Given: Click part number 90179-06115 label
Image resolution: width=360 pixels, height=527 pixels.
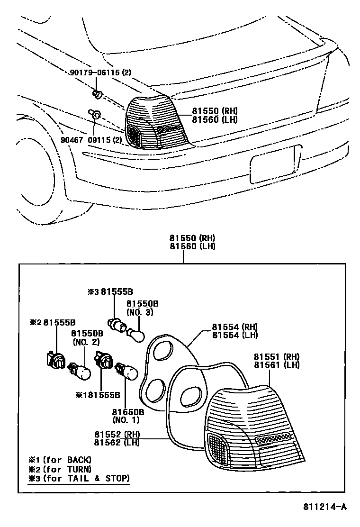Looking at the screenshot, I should point(99,73).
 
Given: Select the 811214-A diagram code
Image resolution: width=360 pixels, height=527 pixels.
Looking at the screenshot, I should point(325,508).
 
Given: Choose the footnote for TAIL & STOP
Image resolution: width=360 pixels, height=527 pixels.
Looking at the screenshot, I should point(79,479).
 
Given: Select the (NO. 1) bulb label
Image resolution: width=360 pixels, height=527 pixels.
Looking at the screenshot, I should point(126,420).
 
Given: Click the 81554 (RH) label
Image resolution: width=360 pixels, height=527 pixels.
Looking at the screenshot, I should point(234,327).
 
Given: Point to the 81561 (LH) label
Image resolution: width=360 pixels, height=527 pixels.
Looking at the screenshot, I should point(277,365).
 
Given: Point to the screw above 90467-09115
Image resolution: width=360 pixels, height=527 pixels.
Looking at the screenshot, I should point(94,114).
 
